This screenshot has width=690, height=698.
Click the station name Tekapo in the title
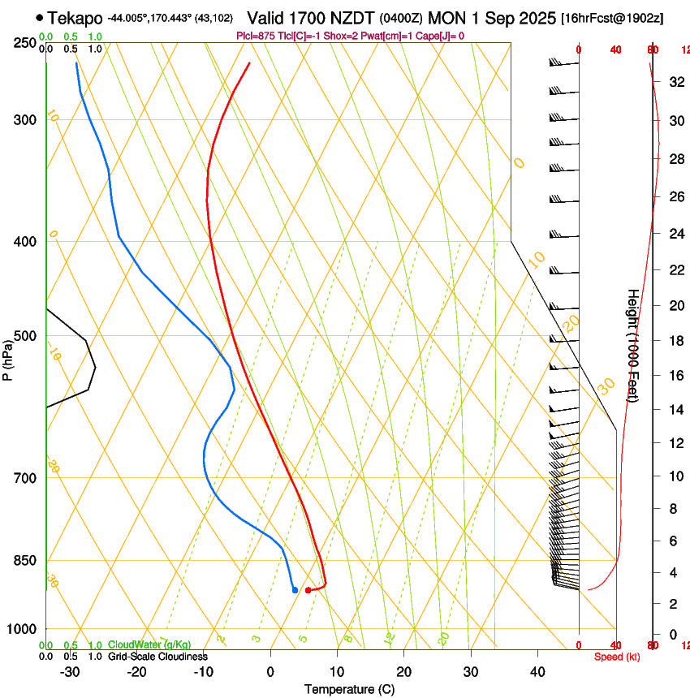point(75,18)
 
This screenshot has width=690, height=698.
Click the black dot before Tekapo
point(39,17)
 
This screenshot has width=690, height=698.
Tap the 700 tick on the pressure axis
point(25,477)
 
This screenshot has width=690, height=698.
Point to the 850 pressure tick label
point(25,560)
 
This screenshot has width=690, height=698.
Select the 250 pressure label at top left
point(25,42)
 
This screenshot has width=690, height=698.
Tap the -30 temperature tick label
point(70,671)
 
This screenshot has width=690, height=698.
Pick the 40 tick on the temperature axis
point(537,671)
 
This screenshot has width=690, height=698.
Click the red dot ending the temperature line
point(308,590)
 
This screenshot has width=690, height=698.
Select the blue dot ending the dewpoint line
point(295,590)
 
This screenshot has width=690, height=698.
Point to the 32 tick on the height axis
point(675,81)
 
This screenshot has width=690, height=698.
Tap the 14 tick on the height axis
point(675,410)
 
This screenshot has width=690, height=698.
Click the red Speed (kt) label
point(617,657)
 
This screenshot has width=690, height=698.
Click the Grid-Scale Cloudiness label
point(157,656)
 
